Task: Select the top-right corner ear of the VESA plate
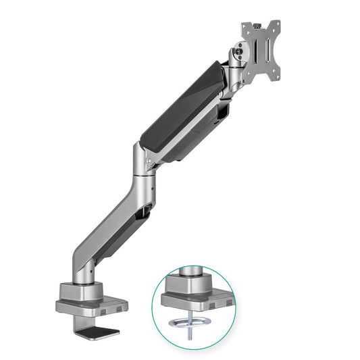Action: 277,25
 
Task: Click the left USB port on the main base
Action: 101,310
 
